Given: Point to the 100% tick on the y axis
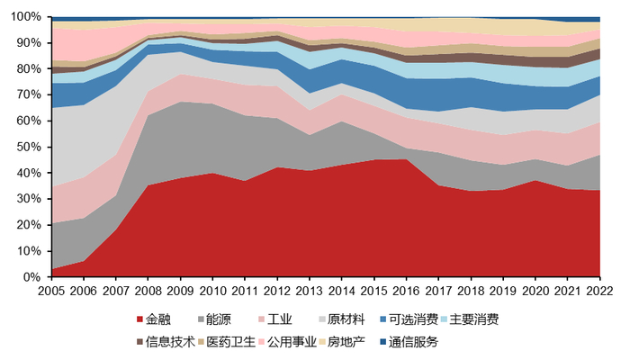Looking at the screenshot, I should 27,17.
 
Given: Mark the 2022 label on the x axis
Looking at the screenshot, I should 600,291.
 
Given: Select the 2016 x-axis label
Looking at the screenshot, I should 407,291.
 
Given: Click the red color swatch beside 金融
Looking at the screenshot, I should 139,319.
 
